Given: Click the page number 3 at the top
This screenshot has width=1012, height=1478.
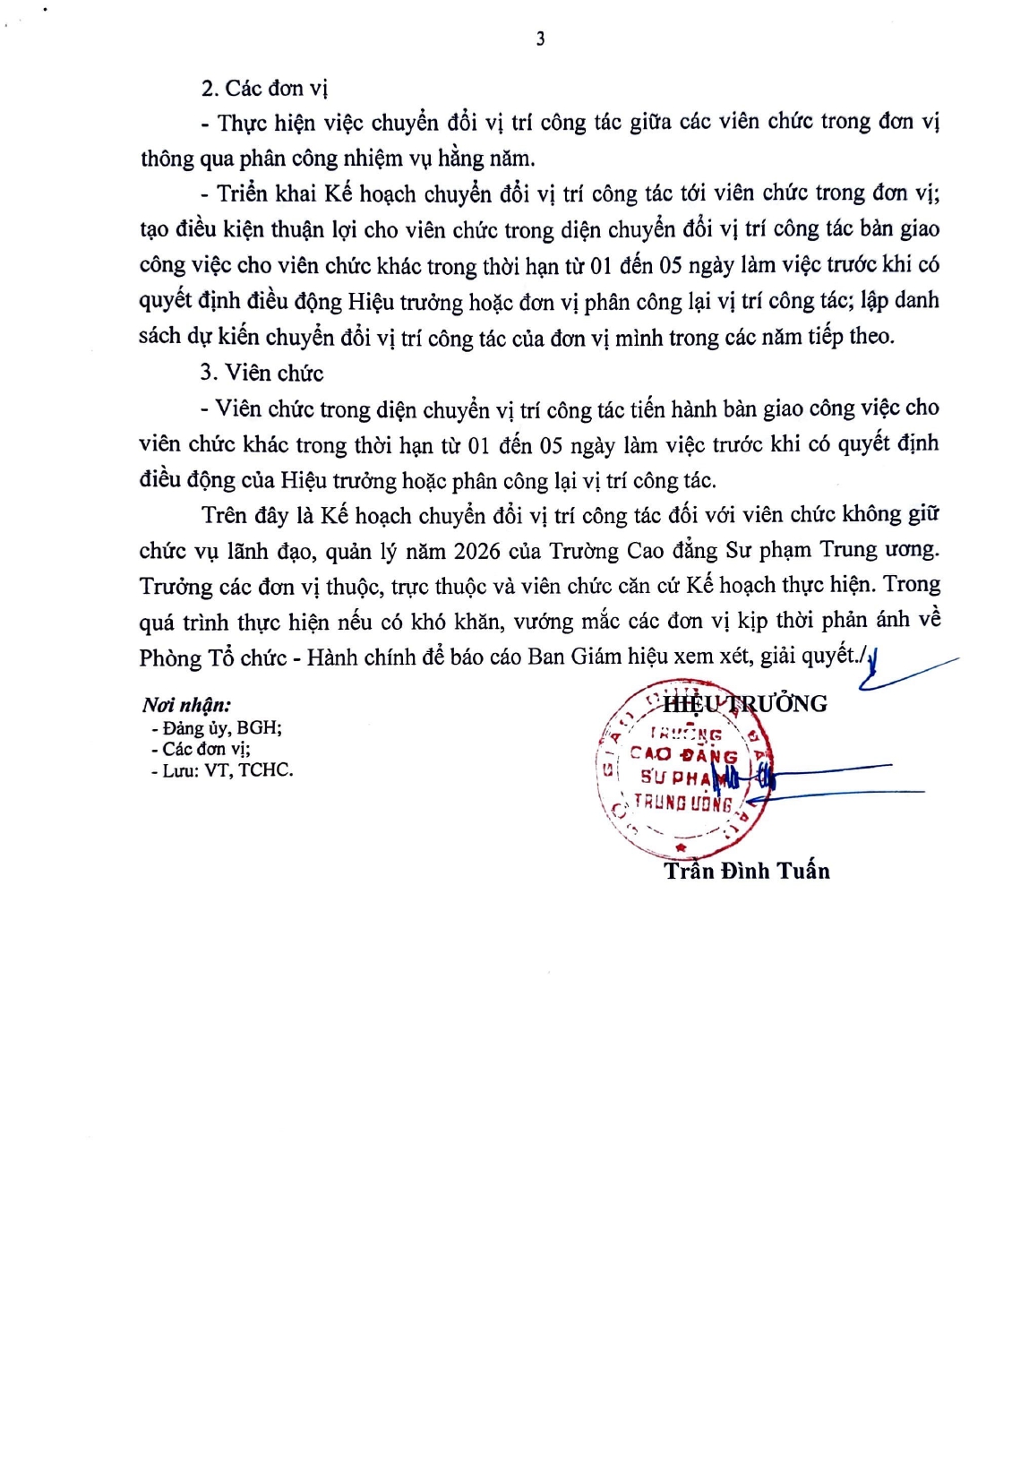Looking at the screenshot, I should click(540, 39).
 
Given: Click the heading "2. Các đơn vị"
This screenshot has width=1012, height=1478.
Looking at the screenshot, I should click(264, 88).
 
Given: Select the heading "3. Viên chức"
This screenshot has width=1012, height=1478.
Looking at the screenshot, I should click(262, 373).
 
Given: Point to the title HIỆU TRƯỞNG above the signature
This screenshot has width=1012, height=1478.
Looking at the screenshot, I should click(745, 703).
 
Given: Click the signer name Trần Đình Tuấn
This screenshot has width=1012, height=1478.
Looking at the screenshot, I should click(747, 871).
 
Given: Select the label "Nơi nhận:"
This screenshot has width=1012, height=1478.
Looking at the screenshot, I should click(186, 705).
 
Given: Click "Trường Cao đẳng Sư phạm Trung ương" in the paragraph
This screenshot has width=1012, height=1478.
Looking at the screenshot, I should click(743, 550).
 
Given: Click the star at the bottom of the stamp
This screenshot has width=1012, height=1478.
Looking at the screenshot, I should click(681, 846).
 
